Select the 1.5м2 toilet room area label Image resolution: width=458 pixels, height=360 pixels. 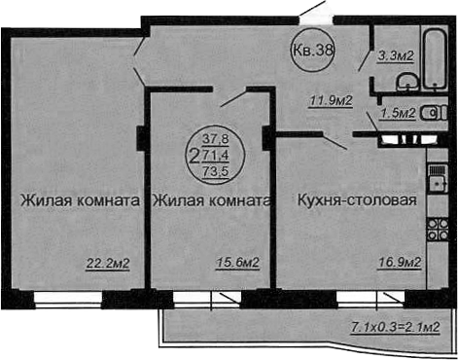(398, 113)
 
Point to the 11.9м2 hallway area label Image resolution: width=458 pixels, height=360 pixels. (330, 97)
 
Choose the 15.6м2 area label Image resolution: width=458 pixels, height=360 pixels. (237, 262)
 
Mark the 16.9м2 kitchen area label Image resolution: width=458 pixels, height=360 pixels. (398, 262)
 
